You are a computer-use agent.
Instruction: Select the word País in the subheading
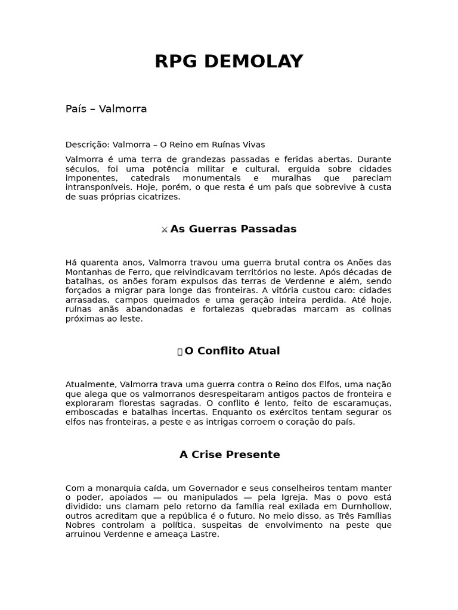click(76, 109)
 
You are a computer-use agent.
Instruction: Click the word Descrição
click(87, 145)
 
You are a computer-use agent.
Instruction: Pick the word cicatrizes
click(157, 197)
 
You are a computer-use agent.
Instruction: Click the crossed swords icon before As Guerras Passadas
click(165, 230)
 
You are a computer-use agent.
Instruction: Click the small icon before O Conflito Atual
click(180, 351)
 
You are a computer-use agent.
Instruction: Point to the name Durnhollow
click(364, 507)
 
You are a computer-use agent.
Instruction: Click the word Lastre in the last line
click(206, 534)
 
